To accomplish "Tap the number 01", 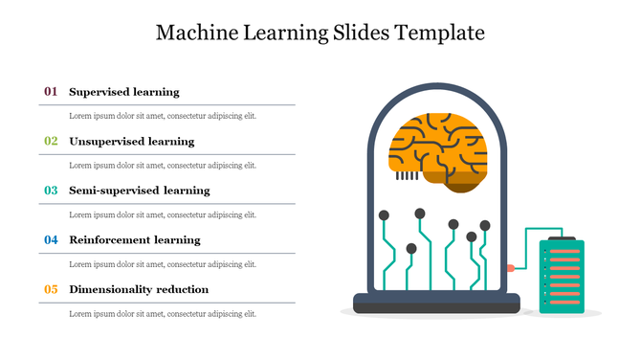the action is tap(51, 92).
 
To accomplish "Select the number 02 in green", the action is tap(51, 141).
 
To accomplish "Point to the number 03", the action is tap(51, 191).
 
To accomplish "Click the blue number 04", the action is tap(51, 239).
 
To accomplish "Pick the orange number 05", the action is tap(51, 289).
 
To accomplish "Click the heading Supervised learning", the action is tap(124, 92).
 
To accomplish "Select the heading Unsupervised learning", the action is tap(132, 141).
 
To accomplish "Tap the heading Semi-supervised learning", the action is tap(140, 191).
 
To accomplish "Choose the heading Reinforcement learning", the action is tap(135, 239).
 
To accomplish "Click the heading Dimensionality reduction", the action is tap(139, 289).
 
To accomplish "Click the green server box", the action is tap(562, 278).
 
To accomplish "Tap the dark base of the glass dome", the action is tap(436, 304).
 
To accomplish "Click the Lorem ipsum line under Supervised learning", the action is tap(163, 116).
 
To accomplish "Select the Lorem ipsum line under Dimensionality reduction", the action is tap(163, 313).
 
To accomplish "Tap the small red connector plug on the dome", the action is tap(511, 267).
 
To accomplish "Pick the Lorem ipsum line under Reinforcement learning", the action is tap(163, 264).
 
